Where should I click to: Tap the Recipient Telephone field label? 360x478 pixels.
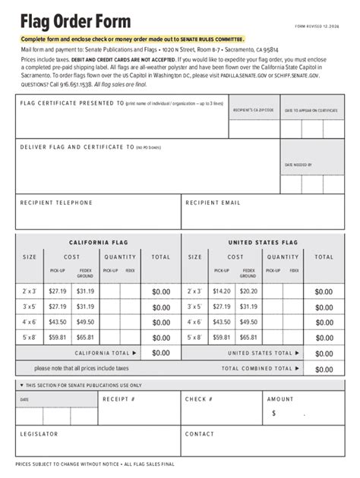click(56, 203)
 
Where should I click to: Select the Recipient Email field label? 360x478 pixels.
click(213, 203)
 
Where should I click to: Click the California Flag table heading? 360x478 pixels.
click(99, 243)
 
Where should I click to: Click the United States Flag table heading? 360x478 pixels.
click(263, 243)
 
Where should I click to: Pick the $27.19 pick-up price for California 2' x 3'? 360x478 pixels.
click(58, 291)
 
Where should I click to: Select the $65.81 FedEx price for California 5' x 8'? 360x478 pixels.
click(85, 338)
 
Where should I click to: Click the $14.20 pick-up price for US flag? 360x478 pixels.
click(222, 291)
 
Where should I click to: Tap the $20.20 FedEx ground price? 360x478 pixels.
click(248, 291)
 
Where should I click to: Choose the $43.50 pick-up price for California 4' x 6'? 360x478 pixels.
click(58, 322)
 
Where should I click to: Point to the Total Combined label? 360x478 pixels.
click(257, 369)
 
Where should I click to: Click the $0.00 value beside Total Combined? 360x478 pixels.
click(324, 370)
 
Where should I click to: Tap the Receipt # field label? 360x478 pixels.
click(118, 399)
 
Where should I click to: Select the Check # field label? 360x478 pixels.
click(199, 399)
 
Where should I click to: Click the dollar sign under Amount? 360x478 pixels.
click(273, 414)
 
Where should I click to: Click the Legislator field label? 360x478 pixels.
click(39, 434)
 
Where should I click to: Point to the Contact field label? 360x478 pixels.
click(200, 434)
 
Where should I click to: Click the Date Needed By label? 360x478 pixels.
click(298, 165)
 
